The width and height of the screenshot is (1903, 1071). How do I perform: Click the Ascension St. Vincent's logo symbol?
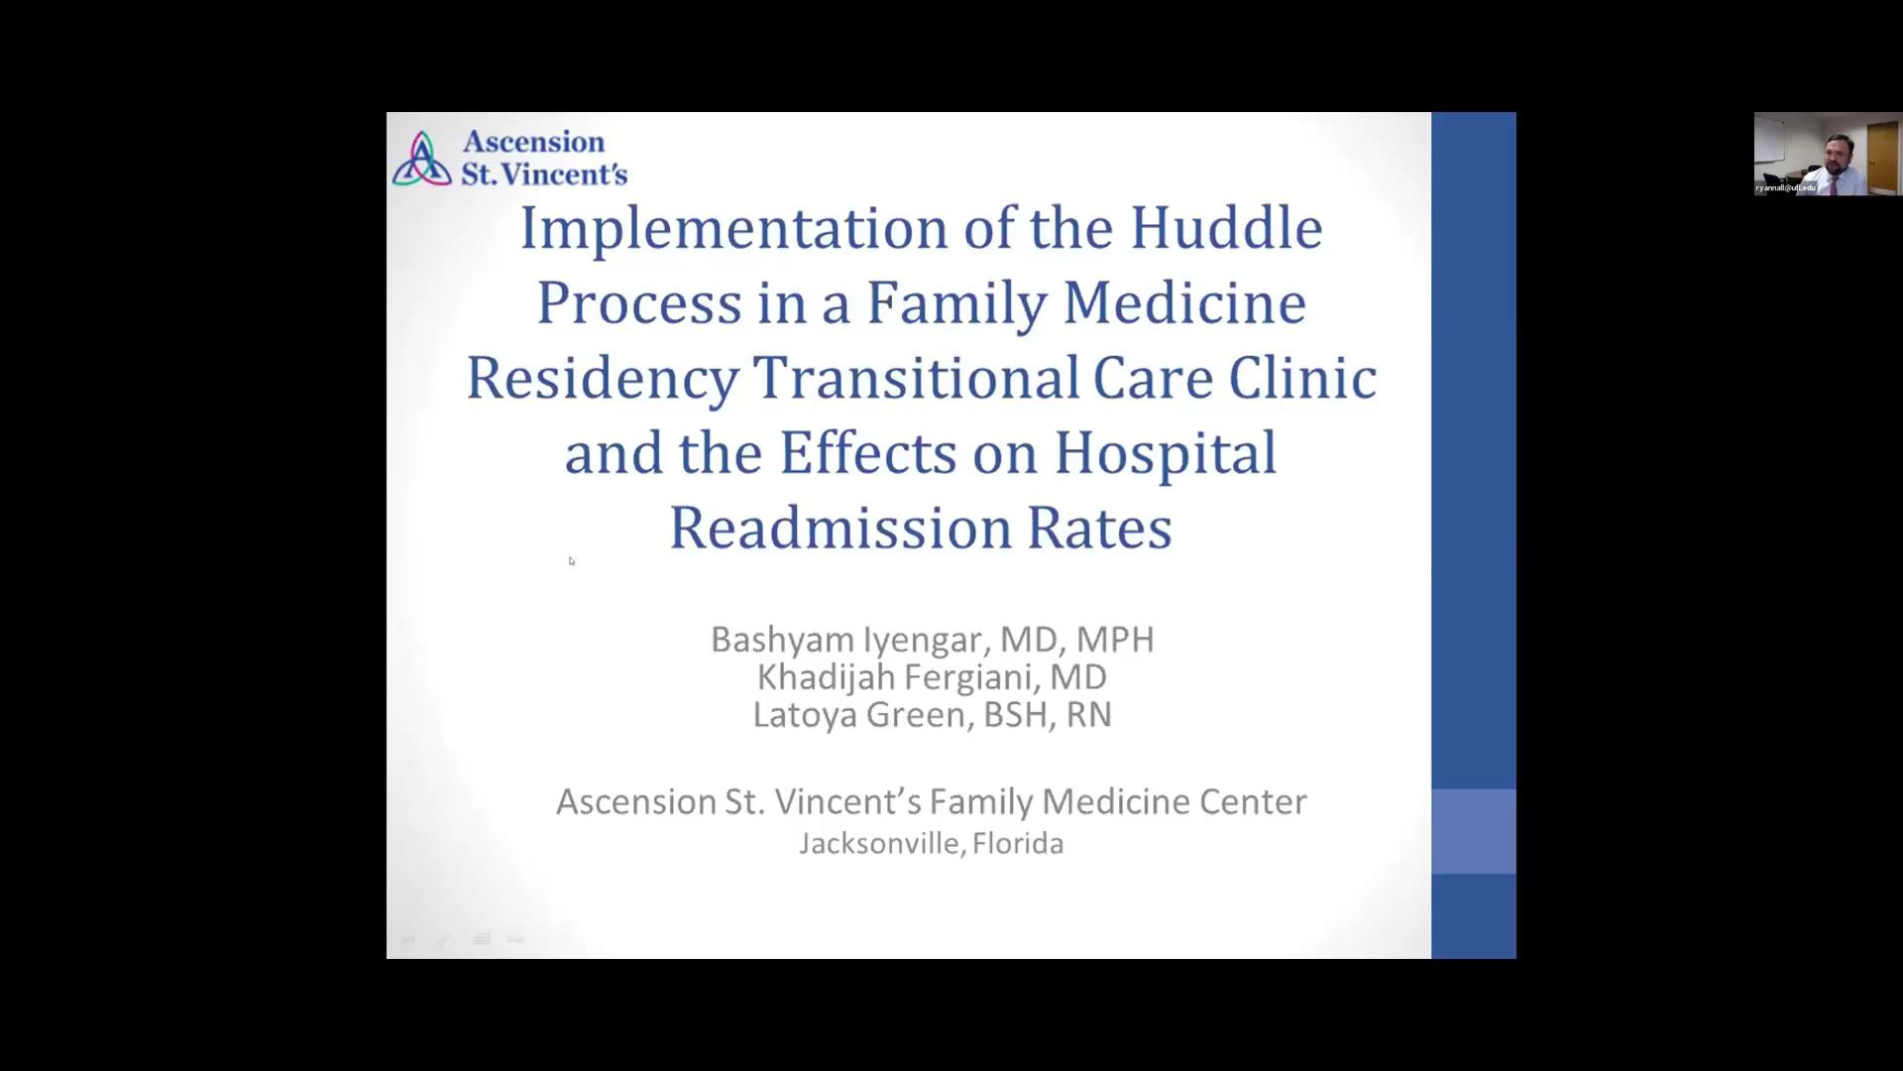(x=422, y=159)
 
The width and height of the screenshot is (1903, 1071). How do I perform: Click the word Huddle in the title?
(x=1226, y=228)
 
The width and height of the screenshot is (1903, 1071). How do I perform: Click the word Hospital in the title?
(x=1166, y=453)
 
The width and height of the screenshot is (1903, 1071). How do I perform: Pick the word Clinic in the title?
(x=1302, y=379)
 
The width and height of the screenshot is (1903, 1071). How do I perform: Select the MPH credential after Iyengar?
(x=1115, y=640)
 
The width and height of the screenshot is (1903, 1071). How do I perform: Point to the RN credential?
(x=1088, y=715)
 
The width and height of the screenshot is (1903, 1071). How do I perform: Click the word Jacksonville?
(x=879, y=844)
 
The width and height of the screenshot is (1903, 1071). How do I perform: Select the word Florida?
(x=1018, y=844)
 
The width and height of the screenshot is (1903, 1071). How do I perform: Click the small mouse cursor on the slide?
(x=571, y=560)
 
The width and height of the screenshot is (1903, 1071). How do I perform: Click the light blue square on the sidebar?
(x=1473, y=831)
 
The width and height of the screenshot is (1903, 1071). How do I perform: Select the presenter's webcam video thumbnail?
(x=1827, y=154)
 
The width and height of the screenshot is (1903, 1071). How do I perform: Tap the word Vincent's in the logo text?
(x=565, y=175)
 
